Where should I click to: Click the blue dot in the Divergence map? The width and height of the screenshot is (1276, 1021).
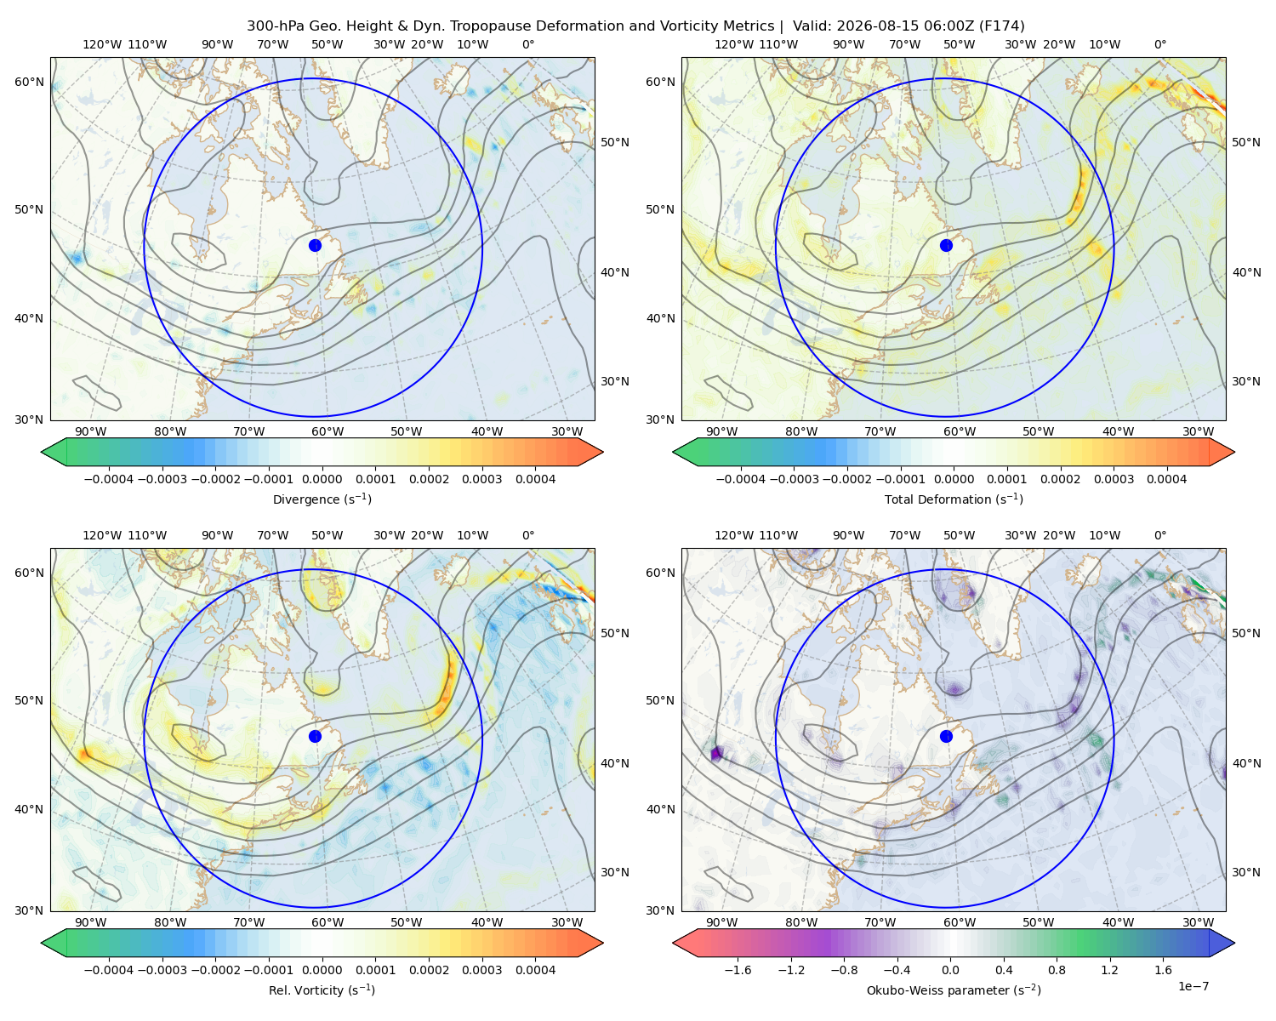click(315, 245)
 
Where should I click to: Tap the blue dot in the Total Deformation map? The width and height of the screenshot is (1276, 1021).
click(946, 245)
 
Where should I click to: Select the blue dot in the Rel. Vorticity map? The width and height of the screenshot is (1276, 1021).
click(315, 736)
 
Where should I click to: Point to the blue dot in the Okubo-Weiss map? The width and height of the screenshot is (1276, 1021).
click(946, 736)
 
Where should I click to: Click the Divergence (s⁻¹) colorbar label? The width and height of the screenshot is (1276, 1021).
click(322, 499)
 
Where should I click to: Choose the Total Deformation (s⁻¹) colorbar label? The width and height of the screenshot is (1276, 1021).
click(954, 499)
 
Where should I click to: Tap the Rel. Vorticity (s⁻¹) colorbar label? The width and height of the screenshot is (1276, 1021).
click(322, 990)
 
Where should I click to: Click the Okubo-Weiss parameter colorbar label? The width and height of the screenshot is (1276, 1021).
click(954, 990)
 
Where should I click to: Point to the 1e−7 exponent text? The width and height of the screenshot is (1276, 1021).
click(1193, 986)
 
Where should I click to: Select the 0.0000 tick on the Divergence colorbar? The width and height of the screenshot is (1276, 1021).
click(322, 479)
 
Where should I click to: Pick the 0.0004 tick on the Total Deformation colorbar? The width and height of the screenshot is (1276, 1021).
click(1166, 479)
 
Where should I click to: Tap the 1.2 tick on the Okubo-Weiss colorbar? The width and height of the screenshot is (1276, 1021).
click(1109, 970)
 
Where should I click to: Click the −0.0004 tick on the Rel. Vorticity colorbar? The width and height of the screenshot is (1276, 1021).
click(109, 970)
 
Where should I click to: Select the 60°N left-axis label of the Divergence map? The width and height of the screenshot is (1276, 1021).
click(29, 82)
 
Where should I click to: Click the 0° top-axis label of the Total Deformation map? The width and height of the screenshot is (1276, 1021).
click(1159, 44)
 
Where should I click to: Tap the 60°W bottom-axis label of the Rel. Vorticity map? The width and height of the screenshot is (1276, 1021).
click(328, 922)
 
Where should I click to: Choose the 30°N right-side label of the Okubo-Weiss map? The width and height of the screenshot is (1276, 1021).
click(1245, 872)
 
